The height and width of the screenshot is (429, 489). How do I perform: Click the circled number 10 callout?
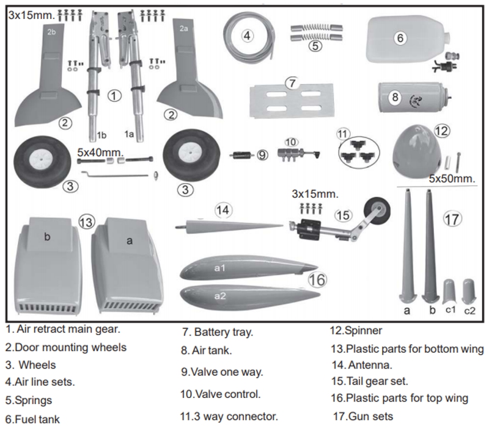tap(291, 142)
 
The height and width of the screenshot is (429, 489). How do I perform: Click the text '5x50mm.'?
tap(451, 179)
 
